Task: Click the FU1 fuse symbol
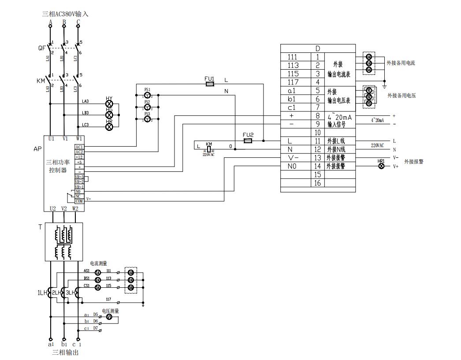tap(210, 83)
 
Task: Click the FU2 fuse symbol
tap(248, 141)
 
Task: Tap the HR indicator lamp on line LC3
tap(109, 126)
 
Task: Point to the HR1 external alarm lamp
tap(382, 166)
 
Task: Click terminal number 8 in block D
tap(317, 116)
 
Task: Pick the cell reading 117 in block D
tap(293, 82)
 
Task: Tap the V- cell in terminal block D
tap(293, 158)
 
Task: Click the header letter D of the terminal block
tap(318, 48)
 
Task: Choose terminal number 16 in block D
tap(317, 183)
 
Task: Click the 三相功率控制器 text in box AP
tap(58, 166)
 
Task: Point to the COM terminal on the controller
tap(79, 201)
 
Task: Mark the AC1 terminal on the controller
tap(79, 147)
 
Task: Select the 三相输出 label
tap(66, 353)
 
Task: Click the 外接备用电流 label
tap(401, 63)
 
